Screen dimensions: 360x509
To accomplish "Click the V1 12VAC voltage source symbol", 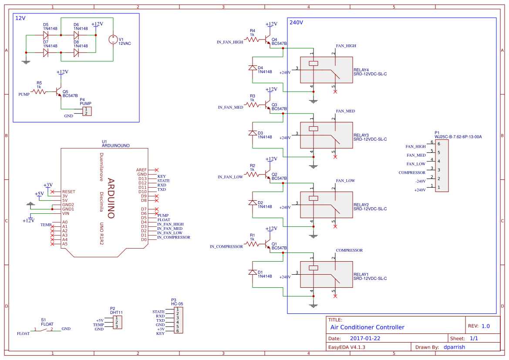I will coord(113,39).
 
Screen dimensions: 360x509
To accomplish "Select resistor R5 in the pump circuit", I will coord(39,91).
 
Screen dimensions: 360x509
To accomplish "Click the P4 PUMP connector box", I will coord(88,111).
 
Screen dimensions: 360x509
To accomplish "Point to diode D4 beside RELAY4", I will coord(252,67).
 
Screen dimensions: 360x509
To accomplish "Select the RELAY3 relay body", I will coord(326,135).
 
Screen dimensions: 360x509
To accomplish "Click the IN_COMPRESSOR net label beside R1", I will coord(226,246).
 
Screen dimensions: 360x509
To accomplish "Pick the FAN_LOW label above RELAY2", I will coord(345,181).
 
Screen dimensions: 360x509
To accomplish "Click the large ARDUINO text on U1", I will coord(111,198).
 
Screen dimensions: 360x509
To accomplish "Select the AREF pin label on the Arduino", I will coord(142,170).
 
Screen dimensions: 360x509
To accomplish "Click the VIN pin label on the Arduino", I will coord(66,213).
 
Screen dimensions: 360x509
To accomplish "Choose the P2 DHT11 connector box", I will coord(117,322).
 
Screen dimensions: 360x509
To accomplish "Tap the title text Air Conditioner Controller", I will coord(367,327).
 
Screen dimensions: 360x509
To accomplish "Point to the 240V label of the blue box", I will coord(296,22).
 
